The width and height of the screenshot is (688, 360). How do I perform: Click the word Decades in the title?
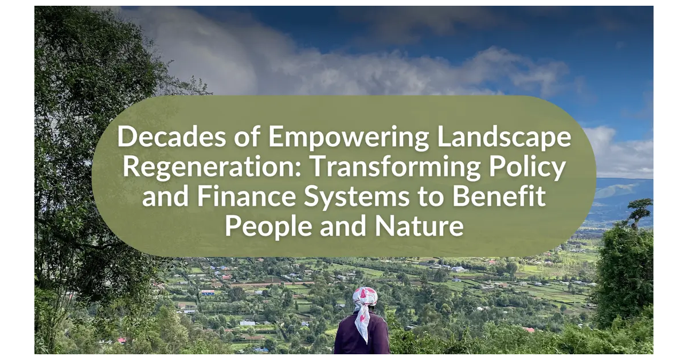click(171, 136)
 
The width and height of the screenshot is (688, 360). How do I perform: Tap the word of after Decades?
click(247, 136)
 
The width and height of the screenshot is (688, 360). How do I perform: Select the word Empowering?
click(349, 138)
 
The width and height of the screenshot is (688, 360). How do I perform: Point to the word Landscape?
click(504, 138)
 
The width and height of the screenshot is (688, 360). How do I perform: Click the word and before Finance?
click(165, 196)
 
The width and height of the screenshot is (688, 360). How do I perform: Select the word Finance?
click(246, 196)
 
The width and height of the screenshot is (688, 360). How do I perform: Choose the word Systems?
click(357, 197)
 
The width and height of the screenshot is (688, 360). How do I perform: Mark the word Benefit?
click(499, 195)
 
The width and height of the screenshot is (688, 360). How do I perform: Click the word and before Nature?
click(343, 226)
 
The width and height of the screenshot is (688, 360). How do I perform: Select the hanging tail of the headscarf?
click(362, 324)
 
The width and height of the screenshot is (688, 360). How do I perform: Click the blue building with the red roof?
click(208, 292)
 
